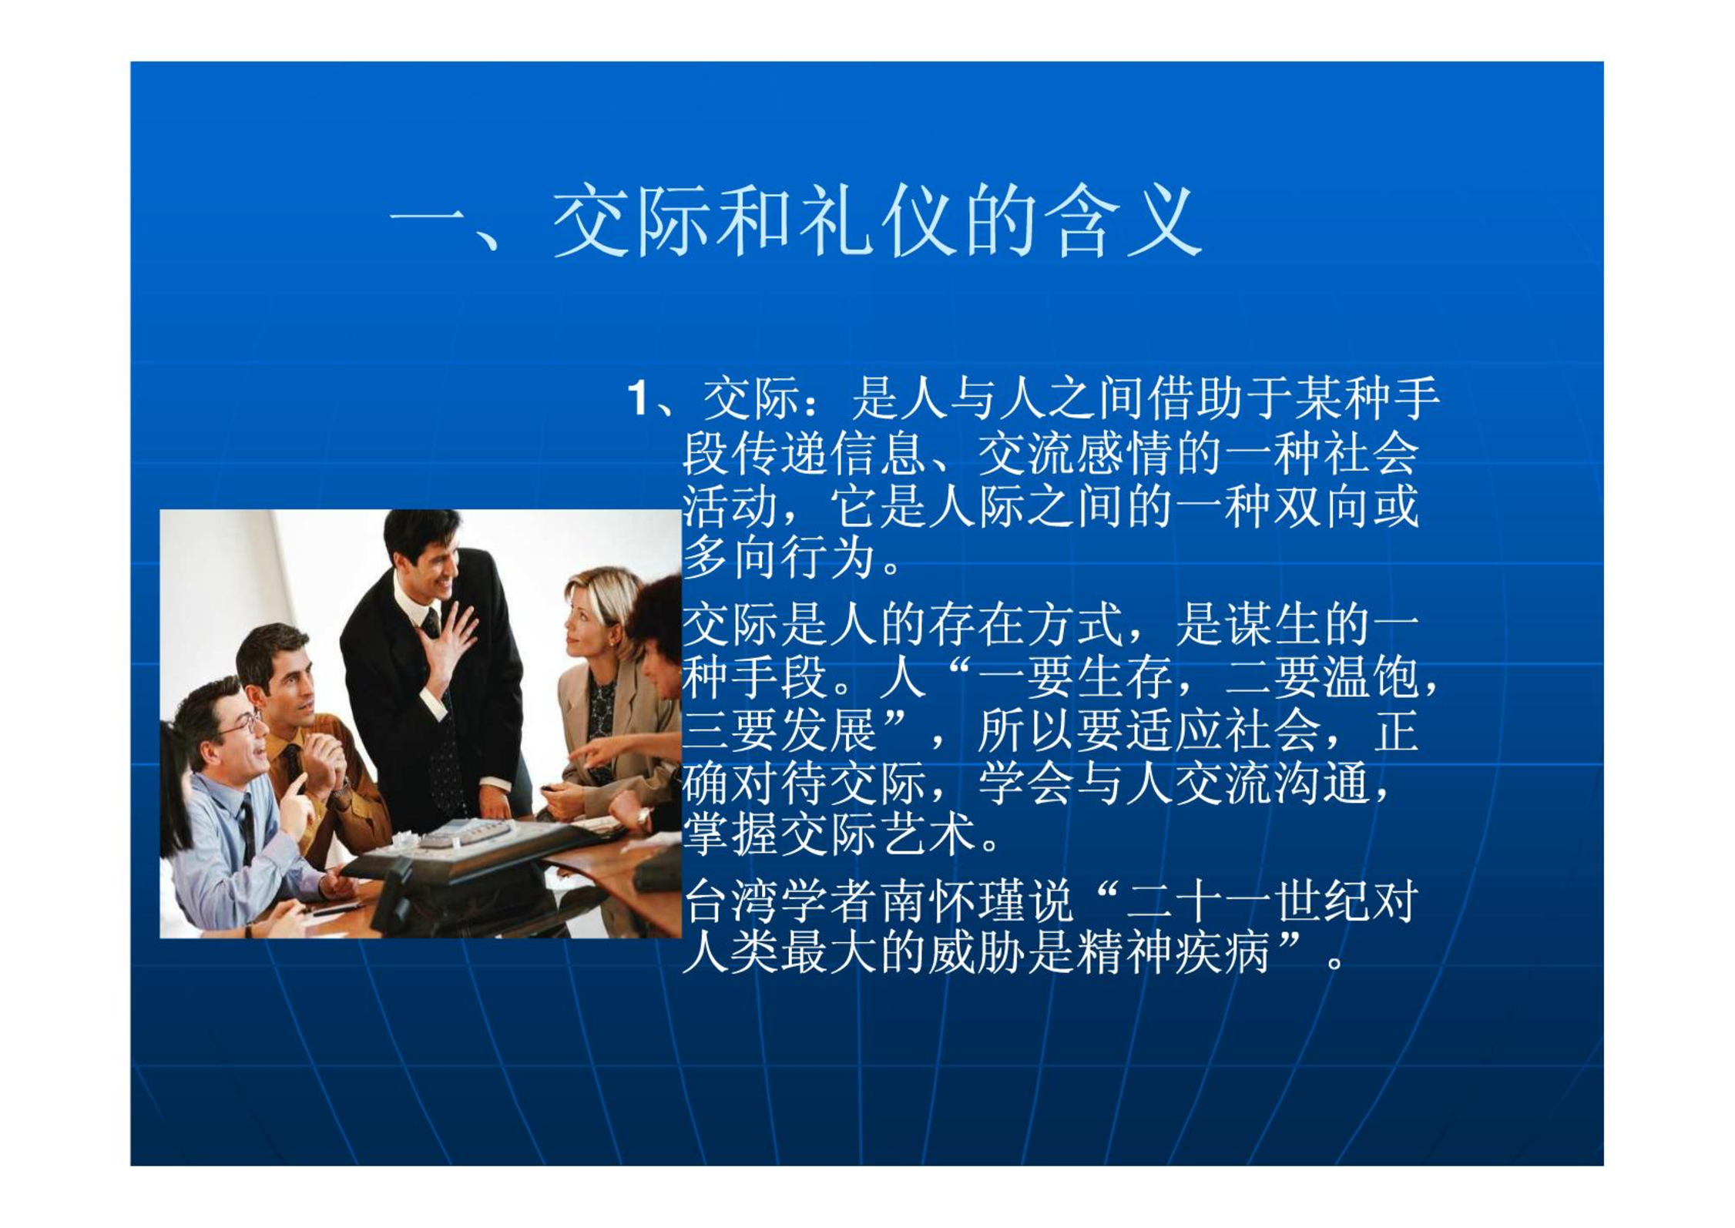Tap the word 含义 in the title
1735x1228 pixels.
[x=1121, y=221]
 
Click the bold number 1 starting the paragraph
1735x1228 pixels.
[x=638, y=399]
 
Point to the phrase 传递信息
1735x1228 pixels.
[x=827, y=455]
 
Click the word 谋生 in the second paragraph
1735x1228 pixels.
[x=1269, y=624]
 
